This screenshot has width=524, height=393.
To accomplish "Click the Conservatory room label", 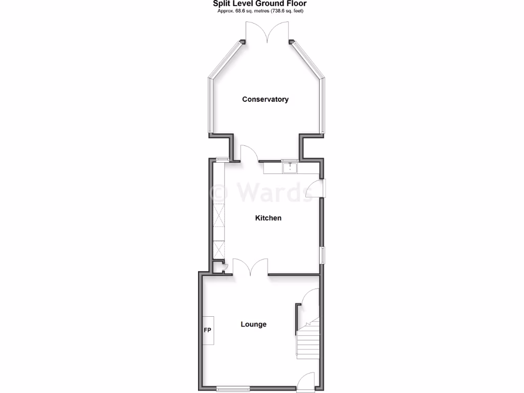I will coord(265,99).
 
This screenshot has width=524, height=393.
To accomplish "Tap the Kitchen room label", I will coord(268,218).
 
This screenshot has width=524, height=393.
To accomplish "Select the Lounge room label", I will coord(254,324).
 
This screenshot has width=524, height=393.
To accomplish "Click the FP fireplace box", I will coord(208,330).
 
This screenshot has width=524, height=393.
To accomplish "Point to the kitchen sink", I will coord(290,167).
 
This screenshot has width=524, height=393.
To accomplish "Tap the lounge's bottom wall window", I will coord(233,388).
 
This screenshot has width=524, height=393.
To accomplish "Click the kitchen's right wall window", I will coord(322,255).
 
